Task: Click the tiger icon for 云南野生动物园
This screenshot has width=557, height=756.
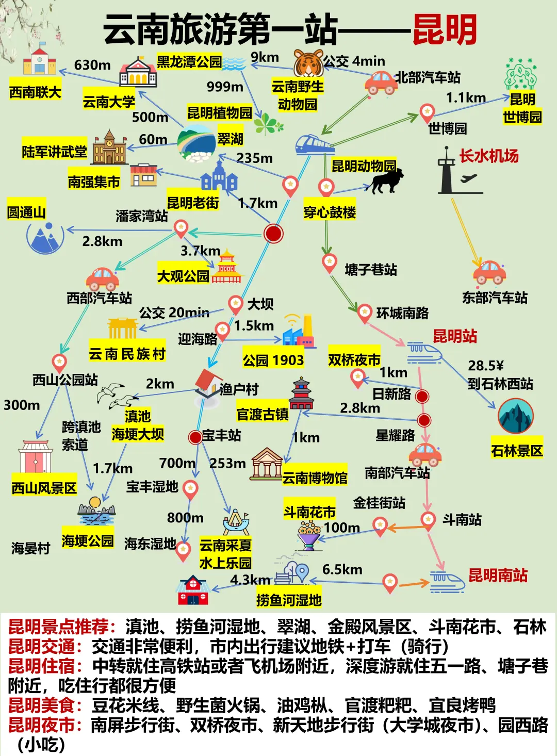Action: [308, 63]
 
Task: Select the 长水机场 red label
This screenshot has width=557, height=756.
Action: [488, 156]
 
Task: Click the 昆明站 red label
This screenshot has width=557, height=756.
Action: [455, 336]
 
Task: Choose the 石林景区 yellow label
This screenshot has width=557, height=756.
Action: [517, 451]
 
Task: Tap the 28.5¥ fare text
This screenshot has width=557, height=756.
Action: [485, 366]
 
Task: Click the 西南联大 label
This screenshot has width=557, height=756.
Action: [35, 92]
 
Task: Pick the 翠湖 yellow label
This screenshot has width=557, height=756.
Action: [230, 139]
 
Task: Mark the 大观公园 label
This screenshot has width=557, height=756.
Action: [183, 276]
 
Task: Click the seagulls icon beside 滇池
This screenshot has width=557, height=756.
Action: [117, 396]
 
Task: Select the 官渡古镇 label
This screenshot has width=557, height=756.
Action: [262, 414]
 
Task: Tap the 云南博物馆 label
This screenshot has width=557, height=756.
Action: [315, 478]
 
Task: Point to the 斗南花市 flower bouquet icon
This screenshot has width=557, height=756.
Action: [309, 534]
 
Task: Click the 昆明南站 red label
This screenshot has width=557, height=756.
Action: [498, 575]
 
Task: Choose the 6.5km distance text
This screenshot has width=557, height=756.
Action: [342, 569]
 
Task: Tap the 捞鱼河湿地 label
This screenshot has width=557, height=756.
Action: [289, 600]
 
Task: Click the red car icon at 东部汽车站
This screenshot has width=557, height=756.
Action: [489, 272]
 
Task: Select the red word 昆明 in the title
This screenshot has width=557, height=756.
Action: [445, 30]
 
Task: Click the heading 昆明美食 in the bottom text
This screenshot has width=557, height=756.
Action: [45, 705]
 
